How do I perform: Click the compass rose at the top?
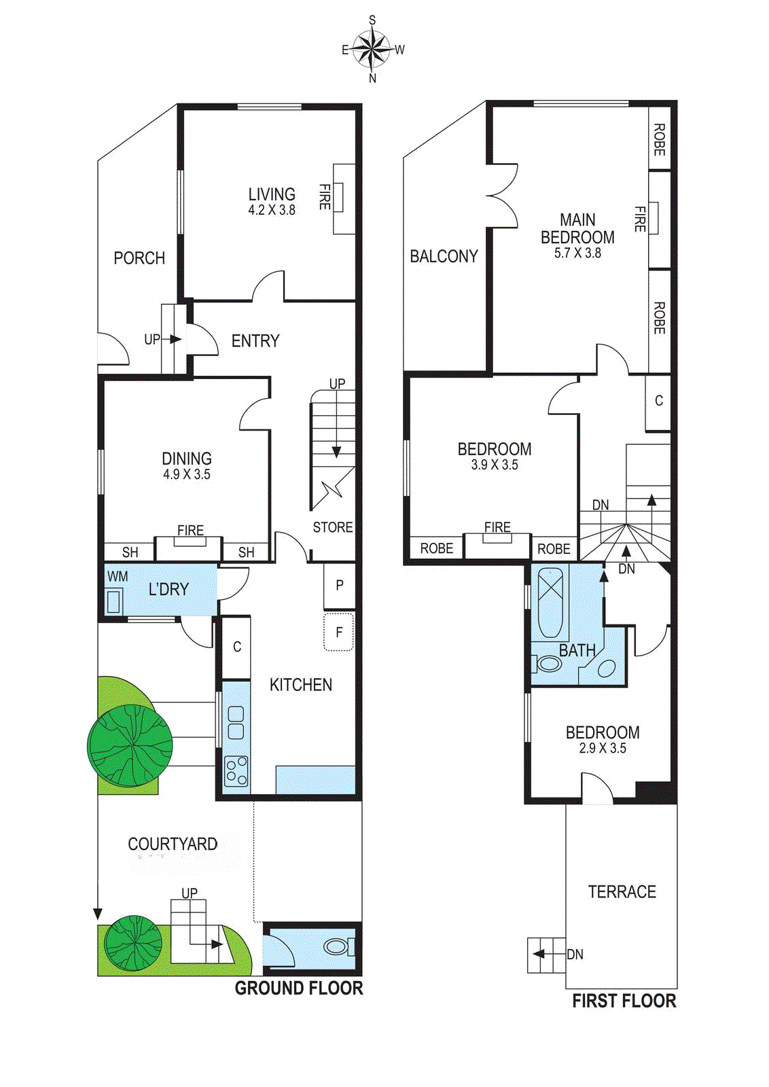(x=372, y=49)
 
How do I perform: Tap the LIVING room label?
(x=272, y=194)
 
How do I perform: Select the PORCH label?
(x=139, y=257)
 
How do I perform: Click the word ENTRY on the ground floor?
(x=255, y=340)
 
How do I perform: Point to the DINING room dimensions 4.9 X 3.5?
(x=187, y=474)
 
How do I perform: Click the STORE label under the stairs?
(x=333, y=527)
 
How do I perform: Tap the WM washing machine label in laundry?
(x=118, y=576)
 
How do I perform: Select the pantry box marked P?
(x=339, y=586)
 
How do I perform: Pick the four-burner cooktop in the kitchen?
(x=236, y=771)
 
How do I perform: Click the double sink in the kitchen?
(x=236, y=722)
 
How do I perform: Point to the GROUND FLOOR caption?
(x=299, y=988)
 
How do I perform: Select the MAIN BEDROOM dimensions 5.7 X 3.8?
(x=577, y=253)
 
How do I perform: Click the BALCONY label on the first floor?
(x=444, y=255)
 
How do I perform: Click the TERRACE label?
(x=622, y=891)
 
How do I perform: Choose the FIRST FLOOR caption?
(x=624, y=1001)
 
